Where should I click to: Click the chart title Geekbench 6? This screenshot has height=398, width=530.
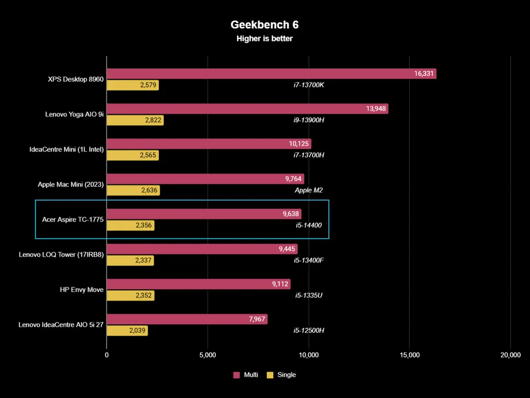point(264,25)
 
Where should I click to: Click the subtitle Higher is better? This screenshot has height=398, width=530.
point(264,39)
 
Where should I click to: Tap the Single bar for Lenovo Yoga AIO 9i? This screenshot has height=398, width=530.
point(135,120)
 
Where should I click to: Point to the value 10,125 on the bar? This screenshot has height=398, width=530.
point(299,144)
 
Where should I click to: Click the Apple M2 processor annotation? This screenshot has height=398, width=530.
point(309,190)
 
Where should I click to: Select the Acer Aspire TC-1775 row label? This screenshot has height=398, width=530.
point(73,220)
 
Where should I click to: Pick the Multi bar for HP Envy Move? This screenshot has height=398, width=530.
point(198,284)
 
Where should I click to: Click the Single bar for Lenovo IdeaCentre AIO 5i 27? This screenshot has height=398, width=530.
point(127,331)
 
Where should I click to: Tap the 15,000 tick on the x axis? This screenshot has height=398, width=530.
point(410,355)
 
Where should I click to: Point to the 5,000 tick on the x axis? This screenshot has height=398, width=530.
point(208,355)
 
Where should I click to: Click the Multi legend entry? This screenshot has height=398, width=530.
point(246,375)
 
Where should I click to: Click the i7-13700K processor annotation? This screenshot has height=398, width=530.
point(309,85)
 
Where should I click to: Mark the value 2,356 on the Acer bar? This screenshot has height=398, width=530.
point(145,226)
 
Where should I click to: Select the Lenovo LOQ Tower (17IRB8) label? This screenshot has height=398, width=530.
point(61,255)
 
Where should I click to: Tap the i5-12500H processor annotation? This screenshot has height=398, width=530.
point(310,331)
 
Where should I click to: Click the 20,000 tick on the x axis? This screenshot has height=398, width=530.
point(510,355)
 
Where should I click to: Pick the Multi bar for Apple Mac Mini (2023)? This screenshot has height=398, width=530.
point(205,179)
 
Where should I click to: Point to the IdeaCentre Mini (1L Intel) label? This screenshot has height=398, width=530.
point(66,149)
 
